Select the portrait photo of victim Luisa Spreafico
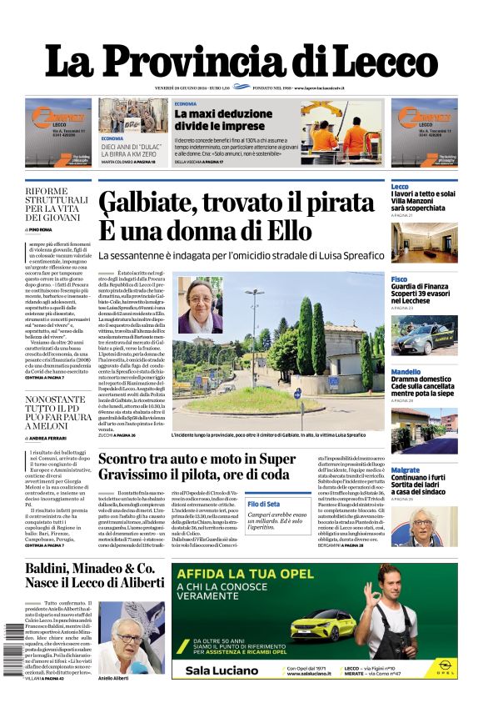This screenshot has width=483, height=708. pyautogui.click(x=200, y=304)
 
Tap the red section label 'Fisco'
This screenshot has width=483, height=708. pyautogui.click(x=400, y=279)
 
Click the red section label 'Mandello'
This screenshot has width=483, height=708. pyautogui.click(x=406, y=372)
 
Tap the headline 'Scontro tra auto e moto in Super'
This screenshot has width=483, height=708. pyautogui.click(x=197, y=459)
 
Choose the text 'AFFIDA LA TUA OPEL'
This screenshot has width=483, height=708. pyautogui.click(x=245, y=575)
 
